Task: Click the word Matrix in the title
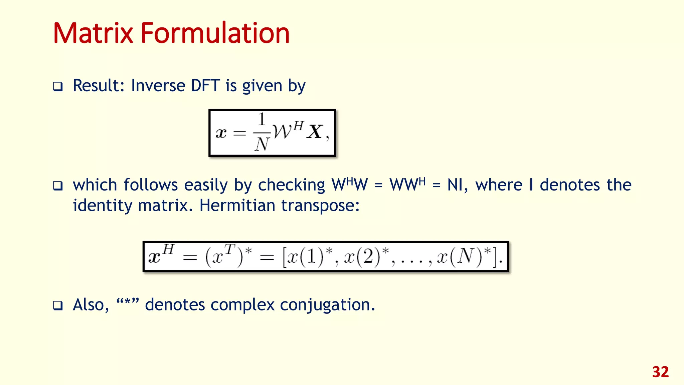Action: [x=93, y=33]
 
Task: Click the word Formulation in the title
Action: [x=215, y=33]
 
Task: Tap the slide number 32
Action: [x=660, y=372]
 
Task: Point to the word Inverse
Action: [x=158, y=86]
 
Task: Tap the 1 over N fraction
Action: [x=262, y=132]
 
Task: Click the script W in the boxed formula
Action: [x=283, y=131]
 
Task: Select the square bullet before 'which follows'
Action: [x=58, y=186]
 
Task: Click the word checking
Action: [x=291, y=185]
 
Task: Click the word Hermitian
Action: [x=237, y=206]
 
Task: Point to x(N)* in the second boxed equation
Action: [x=465, y=257]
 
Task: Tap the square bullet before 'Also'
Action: [x=58, y=305]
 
